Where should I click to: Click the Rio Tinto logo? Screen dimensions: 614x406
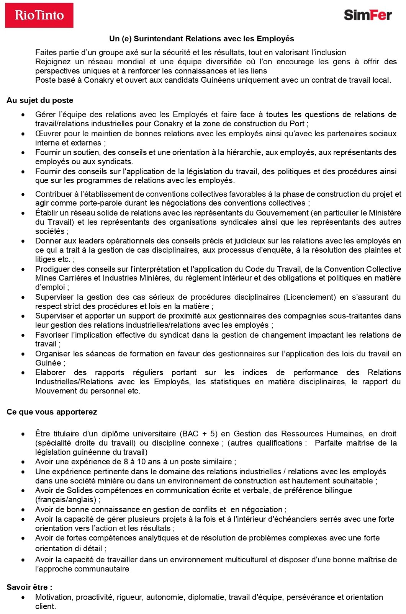(39, 15)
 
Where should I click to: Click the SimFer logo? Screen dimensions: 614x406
(368, 15)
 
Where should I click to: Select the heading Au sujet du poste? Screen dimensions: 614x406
(40, 100)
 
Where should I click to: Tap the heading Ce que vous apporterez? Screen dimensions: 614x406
(52, 412)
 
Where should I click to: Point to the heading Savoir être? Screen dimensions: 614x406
(29, 587)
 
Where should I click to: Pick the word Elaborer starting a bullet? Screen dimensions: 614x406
(50, 372)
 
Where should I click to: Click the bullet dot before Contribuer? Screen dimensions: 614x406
(23, 194)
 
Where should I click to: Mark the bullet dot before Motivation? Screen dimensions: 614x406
(23, 598)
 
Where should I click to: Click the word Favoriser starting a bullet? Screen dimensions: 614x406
(52, 335)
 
